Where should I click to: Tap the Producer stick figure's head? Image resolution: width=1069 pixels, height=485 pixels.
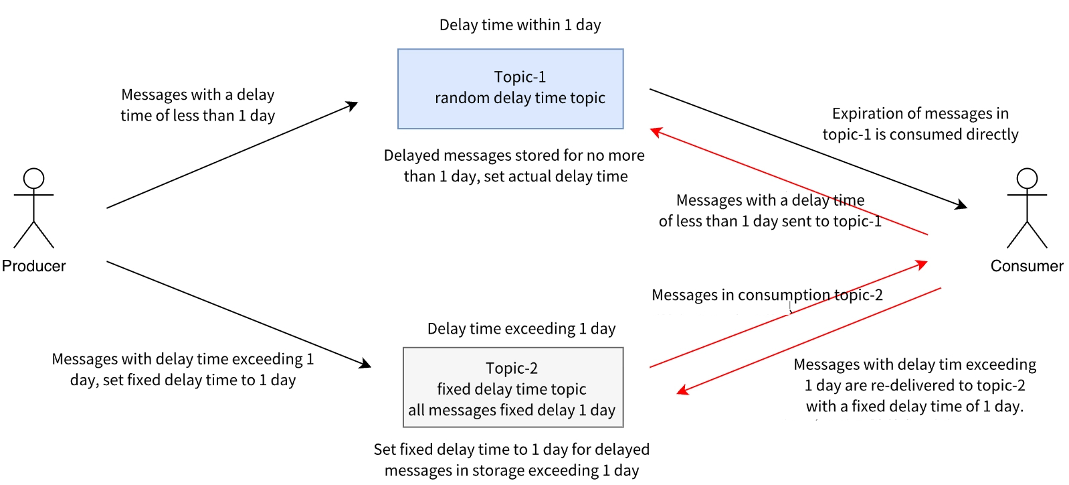coord(33,178)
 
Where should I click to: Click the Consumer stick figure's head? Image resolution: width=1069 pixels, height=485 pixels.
coord(1027,178)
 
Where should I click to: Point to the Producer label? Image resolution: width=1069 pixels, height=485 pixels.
coord(33,266)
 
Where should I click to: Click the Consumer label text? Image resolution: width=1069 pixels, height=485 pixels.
coord(1027,266)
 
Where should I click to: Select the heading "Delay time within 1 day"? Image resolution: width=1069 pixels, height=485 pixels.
coord(520,25)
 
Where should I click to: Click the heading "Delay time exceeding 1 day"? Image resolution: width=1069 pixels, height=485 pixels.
coord(521,329)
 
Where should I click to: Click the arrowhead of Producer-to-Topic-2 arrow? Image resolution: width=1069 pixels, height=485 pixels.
coord(365,364)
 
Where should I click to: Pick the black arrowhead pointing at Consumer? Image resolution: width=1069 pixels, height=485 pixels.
coord(961,205)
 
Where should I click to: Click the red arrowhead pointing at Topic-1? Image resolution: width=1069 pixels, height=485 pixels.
coord(656,131)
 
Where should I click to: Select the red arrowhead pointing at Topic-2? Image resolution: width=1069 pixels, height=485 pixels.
coord(682,390)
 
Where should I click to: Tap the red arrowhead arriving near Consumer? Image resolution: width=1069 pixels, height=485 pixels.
coord(922,264)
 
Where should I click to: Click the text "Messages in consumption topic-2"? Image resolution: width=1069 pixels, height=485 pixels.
coord(767,295)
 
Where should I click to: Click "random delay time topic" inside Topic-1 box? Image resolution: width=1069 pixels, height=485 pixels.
coord(520,98)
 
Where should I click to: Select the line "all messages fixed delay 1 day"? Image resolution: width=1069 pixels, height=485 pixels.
coord(512,410)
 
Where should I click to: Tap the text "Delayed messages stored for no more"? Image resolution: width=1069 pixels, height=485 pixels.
coord(514,155)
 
